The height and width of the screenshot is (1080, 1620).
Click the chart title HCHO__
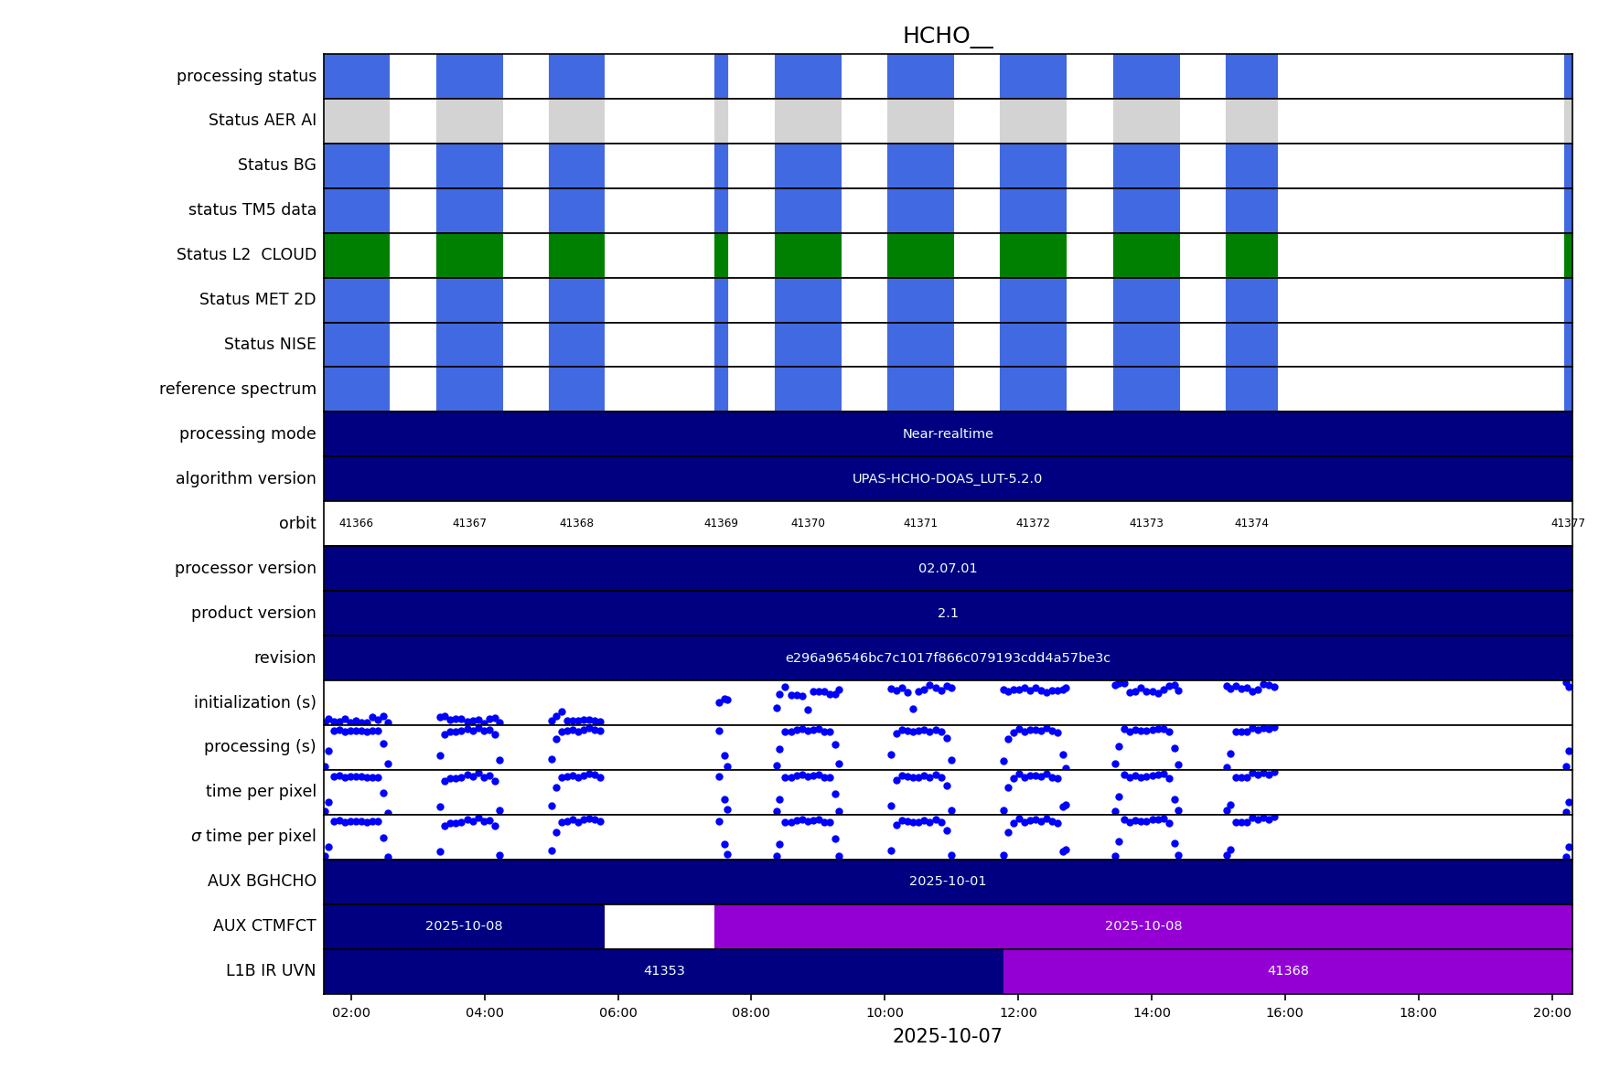click(947, 37)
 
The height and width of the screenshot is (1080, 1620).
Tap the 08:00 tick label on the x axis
click(750, 1012)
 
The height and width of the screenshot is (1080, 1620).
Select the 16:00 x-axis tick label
click(1284, 1012)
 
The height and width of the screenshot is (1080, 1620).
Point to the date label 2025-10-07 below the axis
click(947, 1036)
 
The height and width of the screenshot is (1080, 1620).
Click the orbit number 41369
click(721, 524)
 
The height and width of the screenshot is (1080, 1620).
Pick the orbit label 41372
click(1033, 524)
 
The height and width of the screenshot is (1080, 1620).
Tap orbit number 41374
click(1251, 524)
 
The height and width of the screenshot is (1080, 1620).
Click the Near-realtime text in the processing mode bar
click(948, 434)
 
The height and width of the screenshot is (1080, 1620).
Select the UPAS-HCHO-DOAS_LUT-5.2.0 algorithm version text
click(947, 479)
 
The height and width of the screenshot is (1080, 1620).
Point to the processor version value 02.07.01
click(948, 569)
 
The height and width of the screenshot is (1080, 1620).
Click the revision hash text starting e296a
click(948, 658)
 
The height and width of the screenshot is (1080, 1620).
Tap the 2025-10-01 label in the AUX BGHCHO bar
click(948, 882)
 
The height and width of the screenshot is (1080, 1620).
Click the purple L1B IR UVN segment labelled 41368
click(1287, 971)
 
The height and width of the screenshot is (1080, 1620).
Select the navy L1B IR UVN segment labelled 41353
click(664, 971)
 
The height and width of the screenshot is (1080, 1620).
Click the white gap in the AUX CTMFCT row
click(659, 926)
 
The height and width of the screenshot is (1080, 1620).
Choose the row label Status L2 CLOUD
click(246, 255)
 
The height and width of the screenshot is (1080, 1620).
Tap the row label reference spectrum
click(238, 390)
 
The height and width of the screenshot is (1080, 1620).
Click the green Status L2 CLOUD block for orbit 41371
click(920, 255)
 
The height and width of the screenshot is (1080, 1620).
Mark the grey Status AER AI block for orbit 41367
click(469, 121)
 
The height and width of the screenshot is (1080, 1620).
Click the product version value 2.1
click(948, 614)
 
